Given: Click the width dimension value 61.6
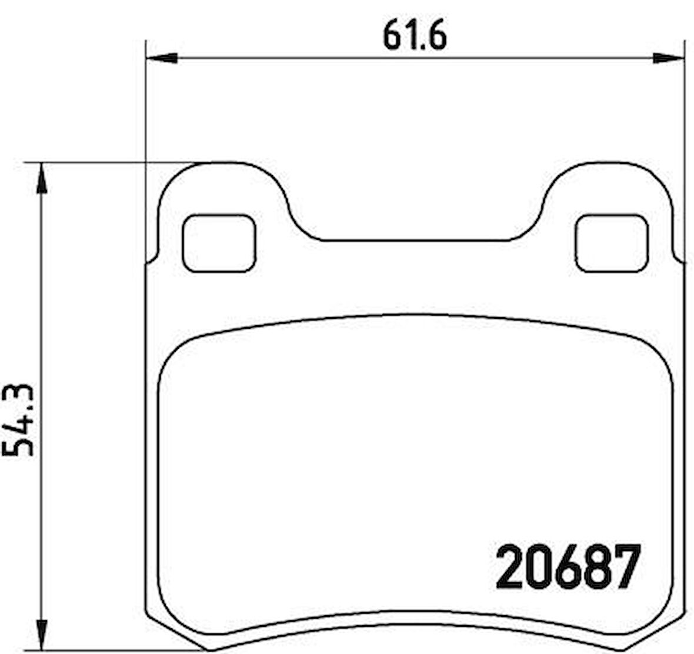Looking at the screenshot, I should [x=415, y=36].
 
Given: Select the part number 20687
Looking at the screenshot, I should [x=567, y=567].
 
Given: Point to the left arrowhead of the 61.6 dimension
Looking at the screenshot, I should [x=162, y=58].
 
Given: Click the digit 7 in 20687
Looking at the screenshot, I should [x=625, y=567].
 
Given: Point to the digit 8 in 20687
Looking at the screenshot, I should [x=595, y=567].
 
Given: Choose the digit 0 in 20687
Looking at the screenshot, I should [x=538, y=567].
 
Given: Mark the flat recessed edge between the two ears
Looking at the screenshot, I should [x=415, y=240].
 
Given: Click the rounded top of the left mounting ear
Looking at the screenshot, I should [x=222, y=163].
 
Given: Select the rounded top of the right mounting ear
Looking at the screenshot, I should [x=609, y=163].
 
